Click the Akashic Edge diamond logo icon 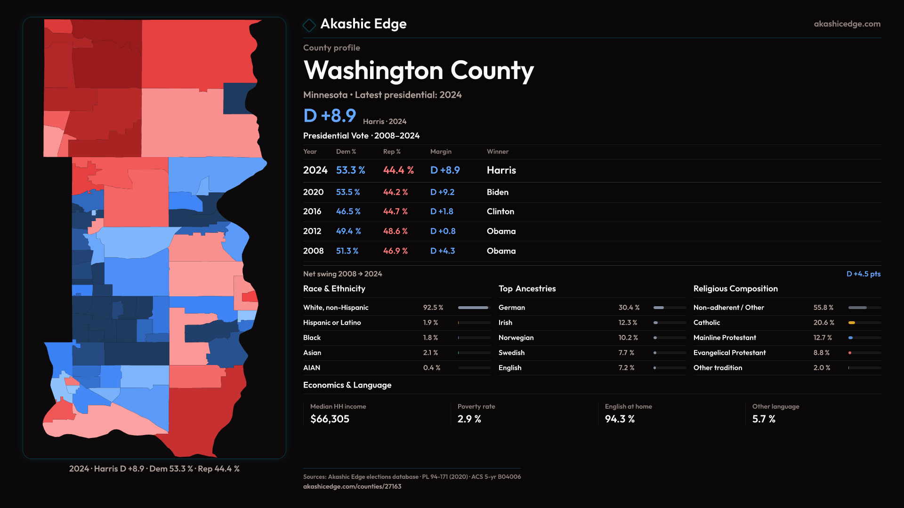click(309, 25)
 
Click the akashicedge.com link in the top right click(847, 24)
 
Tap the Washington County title click(418, 71)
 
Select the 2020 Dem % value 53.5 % click(347, 192)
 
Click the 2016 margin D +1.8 click(441, 212)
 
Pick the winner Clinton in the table click(500, 212)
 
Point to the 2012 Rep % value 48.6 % click(395, 231)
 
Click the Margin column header click(440, 151)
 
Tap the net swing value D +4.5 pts click(863, 274)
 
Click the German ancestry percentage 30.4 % click(629, 308)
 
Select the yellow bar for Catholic click(851, 323)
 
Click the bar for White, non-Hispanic click(473, 308)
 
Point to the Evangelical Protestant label click(729, 353)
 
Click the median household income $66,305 click(330, 419)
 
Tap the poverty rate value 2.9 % click(469, 419)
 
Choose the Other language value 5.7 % click(763, 419)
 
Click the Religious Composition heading click(735, 289)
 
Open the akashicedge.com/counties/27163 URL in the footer click(352, 486)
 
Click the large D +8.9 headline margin click(330, 116)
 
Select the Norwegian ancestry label click(516, 338)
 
